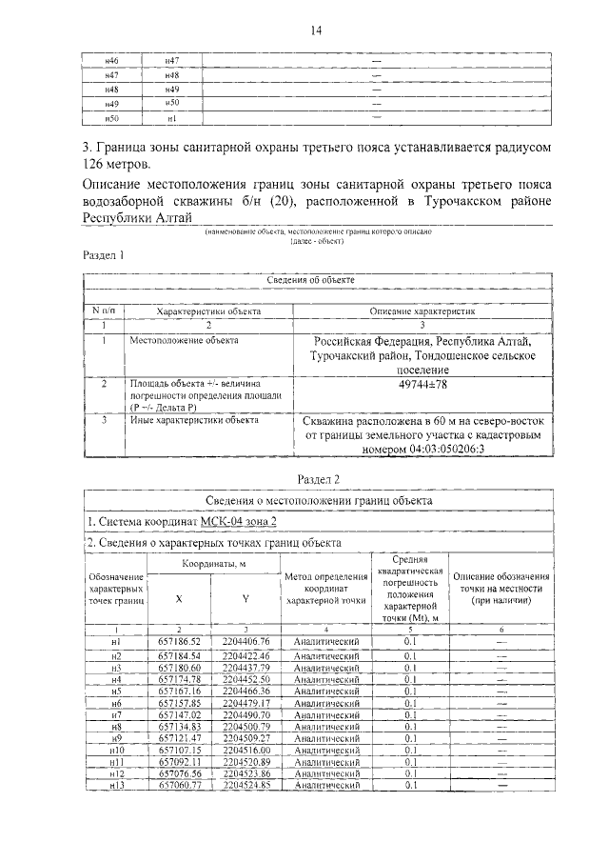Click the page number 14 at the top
[x=316, y=30]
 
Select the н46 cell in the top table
[x=111, y=61]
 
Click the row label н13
[x=118, y=785]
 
